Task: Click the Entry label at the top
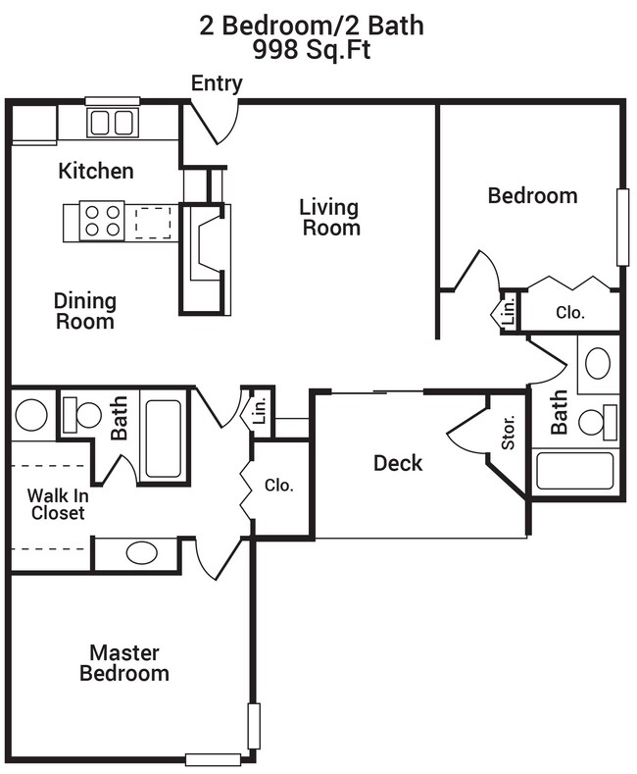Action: pos(217,83)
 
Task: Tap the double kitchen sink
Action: pos(112,123)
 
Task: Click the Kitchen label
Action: pos(96,171)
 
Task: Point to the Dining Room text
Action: pos(84,311)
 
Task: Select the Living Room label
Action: pos(330,217)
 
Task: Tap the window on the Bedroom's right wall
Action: pos(621,227)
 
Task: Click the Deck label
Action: pos(398,463)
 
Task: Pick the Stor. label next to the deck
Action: pos(509,438)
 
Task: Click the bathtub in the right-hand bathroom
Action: pos(575,471)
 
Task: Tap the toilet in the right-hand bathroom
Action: pos(597,422)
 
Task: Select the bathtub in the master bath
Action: pos(163,438)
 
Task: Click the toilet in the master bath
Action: pos(80,414)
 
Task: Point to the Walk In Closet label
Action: pos(56,503)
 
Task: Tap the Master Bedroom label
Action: pos(123,663)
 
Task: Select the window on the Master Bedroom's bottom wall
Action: pos(213,758)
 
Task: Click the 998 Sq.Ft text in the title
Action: pos(312,51)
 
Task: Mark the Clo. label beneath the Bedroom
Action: pos(569,314)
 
